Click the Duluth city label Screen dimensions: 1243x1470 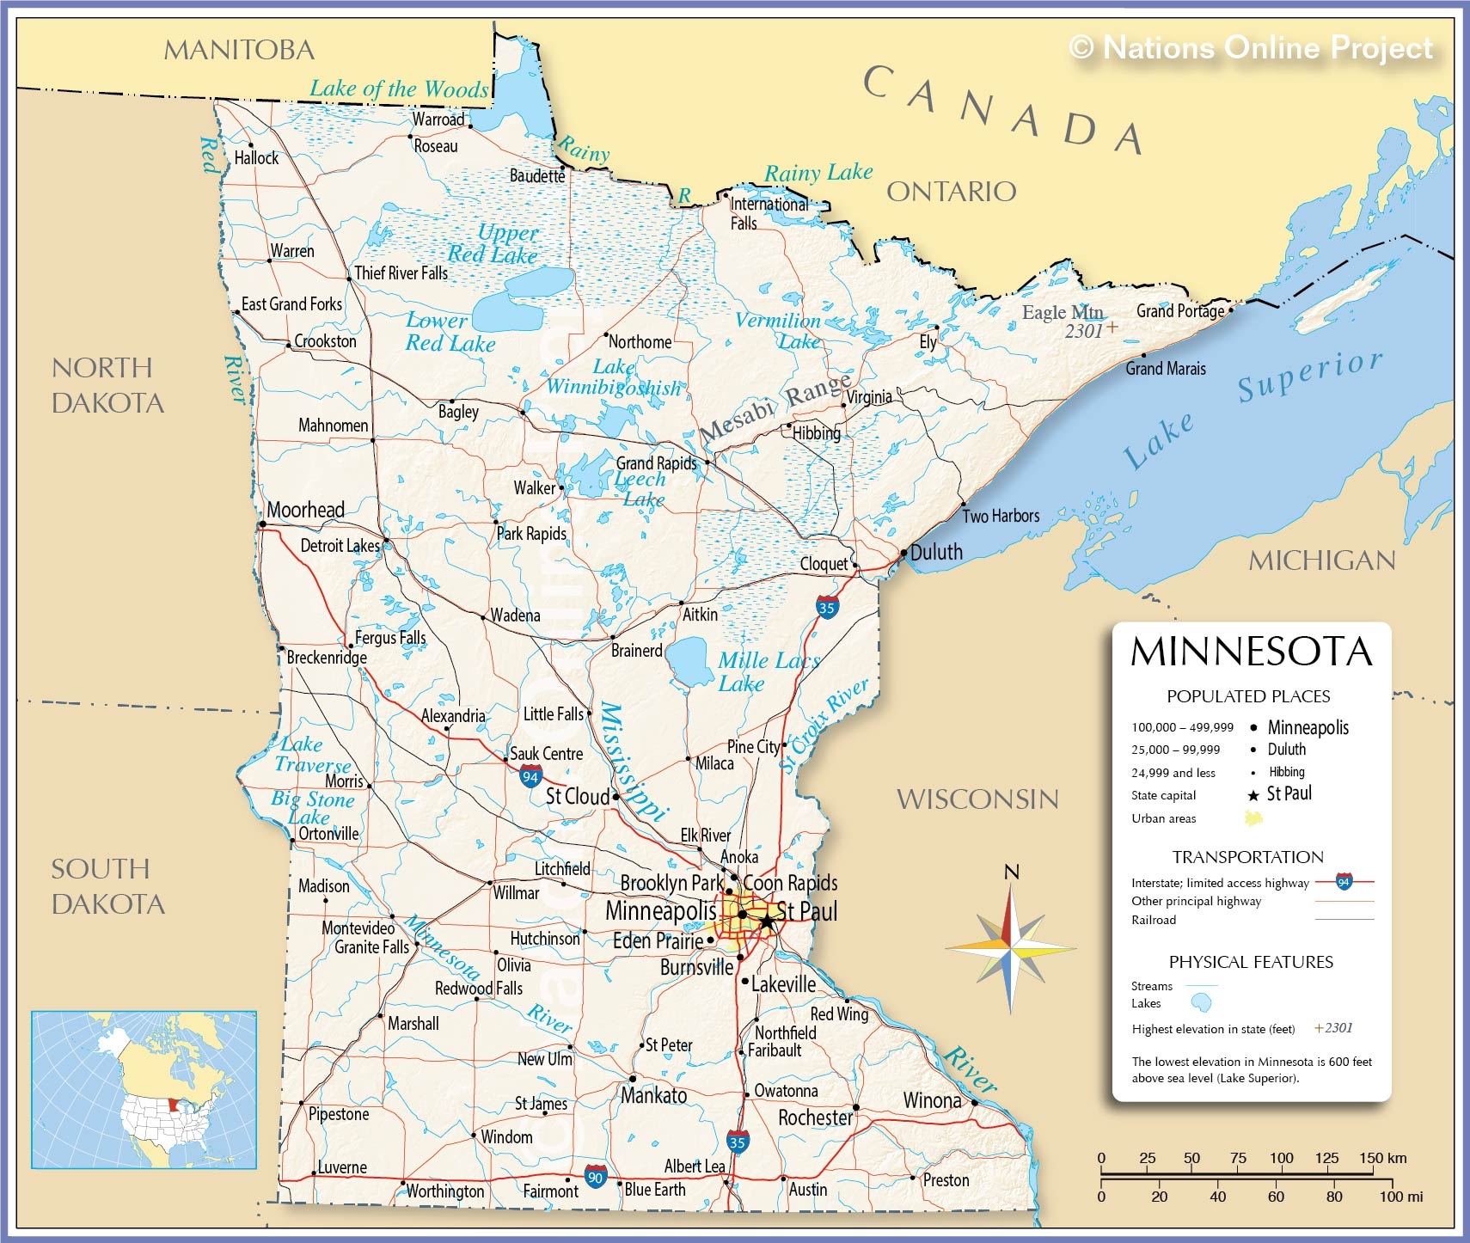pos(936,552)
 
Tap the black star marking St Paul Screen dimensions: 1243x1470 pos(766,922)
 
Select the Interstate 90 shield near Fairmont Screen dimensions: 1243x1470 pos(595,1177)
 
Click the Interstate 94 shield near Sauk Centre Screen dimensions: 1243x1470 pos(530,777)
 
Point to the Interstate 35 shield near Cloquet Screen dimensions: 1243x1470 pos(826,607)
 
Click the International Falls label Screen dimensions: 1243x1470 pos(768,212)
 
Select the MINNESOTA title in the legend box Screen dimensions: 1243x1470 pos(1251,652)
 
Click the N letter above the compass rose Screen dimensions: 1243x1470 pos(1012,873)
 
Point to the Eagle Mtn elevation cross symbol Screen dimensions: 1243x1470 pos(1112,328)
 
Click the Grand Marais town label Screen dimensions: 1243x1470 pos(1166,369)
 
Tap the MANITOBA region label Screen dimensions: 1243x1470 pos(239,50)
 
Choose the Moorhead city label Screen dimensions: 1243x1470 pos(305,510)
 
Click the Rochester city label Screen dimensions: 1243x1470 pos(815,1117)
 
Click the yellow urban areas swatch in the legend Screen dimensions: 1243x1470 pos(1253,818)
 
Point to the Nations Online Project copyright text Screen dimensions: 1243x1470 pos(1251,46)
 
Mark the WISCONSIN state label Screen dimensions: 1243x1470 pos(977,799)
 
